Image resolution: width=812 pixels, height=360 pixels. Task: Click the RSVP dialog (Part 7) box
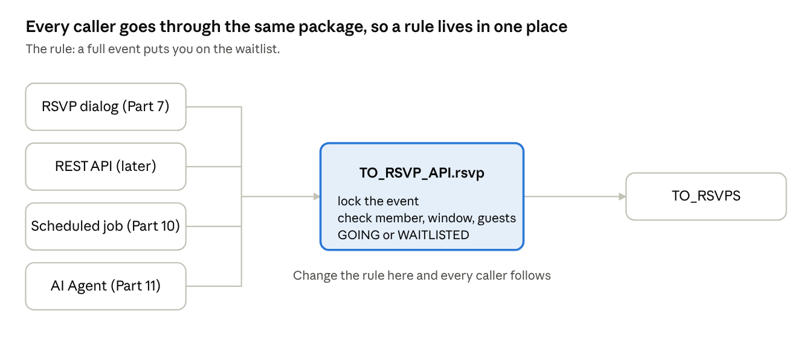[x=106, y=106]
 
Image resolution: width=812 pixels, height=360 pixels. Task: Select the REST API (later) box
[x=106, y=166]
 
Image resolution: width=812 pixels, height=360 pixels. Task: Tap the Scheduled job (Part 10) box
[x=106, y=227]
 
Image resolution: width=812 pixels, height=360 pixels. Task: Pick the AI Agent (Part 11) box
[x=106, y=286]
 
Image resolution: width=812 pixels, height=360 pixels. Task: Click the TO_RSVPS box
[x=706, y=196]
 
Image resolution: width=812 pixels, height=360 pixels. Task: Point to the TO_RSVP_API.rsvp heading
[x=422, y=173]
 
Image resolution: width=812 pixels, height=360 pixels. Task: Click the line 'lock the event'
[x=378, y=201]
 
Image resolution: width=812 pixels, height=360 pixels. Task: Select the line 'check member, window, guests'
[x=427, y=218]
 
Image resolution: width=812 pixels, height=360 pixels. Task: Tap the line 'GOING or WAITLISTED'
[x=403, y=235]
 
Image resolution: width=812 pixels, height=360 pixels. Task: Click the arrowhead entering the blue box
[x=317, y=196]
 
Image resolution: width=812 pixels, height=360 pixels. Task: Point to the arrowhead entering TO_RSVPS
[x=622, y=196]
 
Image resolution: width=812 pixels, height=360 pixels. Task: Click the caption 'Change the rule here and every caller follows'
[x=422, y=275]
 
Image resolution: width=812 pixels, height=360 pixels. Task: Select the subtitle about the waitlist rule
[x=153, y=49]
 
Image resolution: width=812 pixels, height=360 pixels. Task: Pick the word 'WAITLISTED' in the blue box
[x=434, y=235]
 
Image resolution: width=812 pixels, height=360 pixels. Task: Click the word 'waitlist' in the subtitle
[x=256, y=49]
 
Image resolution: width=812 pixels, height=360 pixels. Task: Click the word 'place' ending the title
[x=547, y=27]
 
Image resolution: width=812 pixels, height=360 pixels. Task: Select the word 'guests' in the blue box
[x=497, y=219]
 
